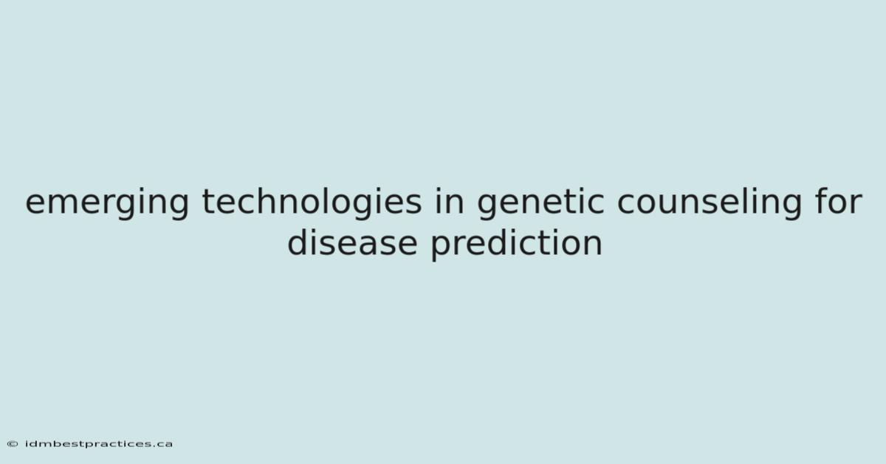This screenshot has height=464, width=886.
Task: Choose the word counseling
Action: coord(710,202)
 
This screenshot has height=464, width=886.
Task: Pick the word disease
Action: coord(352,242)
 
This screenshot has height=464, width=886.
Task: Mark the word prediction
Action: coord(517,244)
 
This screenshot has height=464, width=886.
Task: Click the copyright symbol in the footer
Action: coord(13,444)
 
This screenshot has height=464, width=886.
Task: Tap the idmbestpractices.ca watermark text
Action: coord(99,444)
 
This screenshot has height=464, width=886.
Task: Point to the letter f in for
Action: coord(822,200)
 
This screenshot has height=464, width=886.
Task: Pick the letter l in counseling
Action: coord(740,200)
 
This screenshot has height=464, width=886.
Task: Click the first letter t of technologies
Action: coord(208,202)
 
